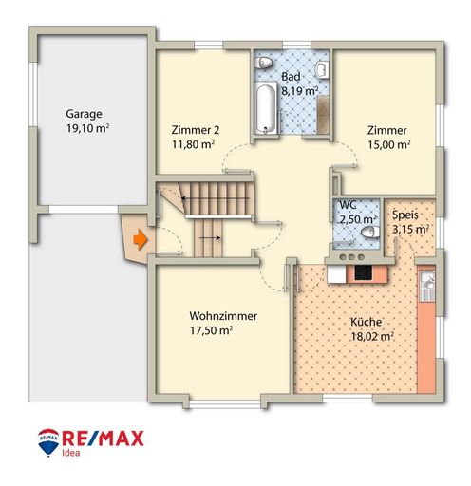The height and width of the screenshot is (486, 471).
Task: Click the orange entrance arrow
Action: [x=141, y=240]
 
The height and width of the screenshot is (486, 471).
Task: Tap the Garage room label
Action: [x=84, y=114]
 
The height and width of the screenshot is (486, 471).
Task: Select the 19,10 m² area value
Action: [x=87, y=128]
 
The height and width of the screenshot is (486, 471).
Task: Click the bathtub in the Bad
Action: [x=266, y=108]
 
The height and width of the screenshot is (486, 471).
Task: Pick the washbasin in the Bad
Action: [x=322, y=69]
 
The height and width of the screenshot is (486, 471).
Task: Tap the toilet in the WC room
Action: [x=370, y=233]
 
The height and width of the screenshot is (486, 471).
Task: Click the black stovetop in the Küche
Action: [x=363, y=272]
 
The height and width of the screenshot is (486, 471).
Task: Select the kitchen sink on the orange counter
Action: [x=427, y=286]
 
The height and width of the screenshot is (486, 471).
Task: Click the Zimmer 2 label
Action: [x=196, y=130]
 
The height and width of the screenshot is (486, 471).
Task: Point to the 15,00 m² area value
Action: [x=389, y=144]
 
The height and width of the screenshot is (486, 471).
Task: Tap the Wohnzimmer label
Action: [x=223, y=316]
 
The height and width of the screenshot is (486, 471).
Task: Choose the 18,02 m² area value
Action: [x=372, y=336]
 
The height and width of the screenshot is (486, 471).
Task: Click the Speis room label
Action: [x=405, y=215]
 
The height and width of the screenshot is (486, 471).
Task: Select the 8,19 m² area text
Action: [x=300, y=91]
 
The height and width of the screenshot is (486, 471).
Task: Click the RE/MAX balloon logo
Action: [x=48, y=442]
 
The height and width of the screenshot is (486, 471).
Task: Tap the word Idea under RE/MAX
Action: [x=70, y=453]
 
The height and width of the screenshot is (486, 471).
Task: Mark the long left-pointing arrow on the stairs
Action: [x=216, y=198]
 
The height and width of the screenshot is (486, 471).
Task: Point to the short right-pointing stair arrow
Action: [x=210, y=237]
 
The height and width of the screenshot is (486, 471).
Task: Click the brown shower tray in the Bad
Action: [x=323, y=115]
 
